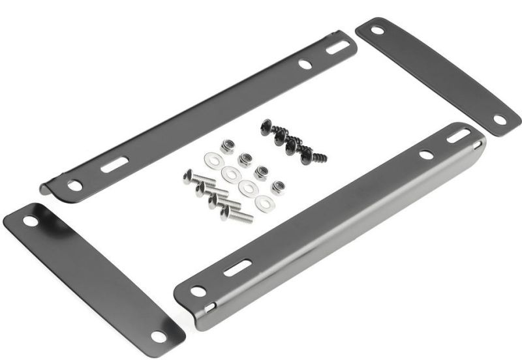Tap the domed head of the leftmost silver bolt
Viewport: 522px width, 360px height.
pyautogui.click(x=189, y=176)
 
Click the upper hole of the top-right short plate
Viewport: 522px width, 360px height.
pyautogui.click(x=378, y=30)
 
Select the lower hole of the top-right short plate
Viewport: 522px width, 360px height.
pyautogui.click(x=500, y=120)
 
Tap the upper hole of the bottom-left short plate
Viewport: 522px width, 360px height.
pyautogui.click(x=31, y=221)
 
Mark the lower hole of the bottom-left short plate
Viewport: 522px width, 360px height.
pyautogui.click(x=158, y=337)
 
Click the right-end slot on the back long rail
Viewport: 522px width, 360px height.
pyautogui.click(x=337, y=47)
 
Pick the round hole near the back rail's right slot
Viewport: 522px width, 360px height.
pyautogui.click(x=305, y=65)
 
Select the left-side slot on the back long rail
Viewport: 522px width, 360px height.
pyautogui.click(x=113, y=165)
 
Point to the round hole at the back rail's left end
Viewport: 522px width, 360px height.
pyautogui.click(x=76, y=186)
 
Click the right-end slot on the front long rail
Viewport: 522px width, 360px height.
pyautogui.click(x=459, y=136)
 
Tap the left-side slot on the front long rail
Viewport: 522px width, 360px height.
pyautogui.click(x=238, y=267)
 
